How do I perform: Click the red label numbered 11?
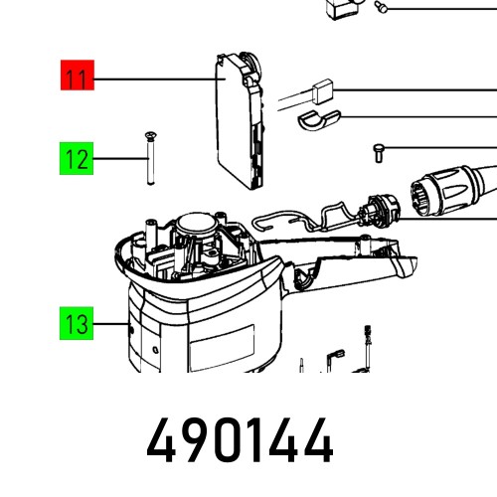coord(76,77)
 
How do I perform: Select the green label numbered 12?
coord(76,159)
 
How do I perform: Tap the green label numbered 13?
coord(76,324)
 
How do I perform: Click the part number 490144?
coord(240,441)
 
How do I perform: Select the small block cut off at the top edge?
coord(341,7)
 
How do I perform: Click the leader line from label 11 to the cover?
coord(154,79)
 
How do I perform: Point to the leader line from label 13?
coord(108,324)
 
